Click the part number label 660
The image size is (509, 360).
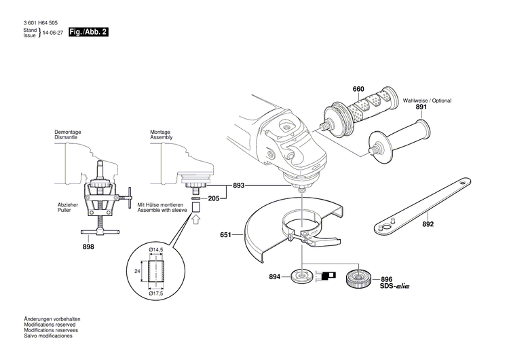click(x=358, y=89)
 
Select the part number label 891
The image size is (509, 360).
click(x=421, y=107)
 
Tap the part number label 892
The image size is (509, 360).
click(x=428, y=223)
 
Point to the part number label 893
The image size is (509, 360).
click(x=239, y=185)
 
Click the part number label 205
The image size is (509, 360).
click(x=214, y=198)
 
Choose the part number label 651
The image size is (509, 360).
click(x=226, y=235)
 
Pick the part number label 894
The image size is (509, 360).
click(x=274, y=276)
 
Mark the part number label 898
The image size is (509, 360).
click(x=88, y=246)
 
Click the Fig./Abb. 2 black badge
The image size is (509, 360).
click(x=88, y=32)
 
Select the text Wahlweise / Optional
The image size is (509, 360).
click(x=427, y=100)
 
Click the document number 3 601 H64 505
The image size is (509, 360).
click(x=40, y=23)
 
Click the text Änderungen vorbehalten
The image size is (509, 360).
click(x=52, y=319)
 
